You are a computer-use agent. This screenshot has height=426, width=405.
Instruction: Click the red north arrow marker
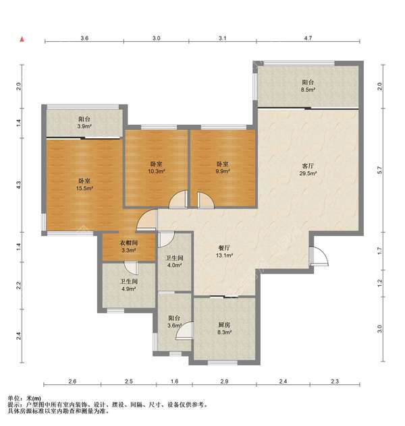coord(22,39)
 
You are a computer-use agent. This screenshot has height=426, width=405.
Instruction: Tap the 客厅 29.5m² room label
coord(308,170)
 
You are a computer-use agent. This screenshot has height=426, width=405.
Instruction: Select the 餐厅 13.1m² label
coord(224,251)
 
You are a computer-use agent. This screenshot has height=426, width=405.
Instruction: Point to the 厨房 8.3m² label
coord(224,328)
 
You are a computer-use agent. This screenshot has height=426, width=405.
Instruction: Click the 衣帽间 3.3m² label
coord(129,247)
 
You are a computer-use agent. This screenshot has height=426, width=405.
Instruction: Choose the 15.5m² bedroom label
coord(84,184)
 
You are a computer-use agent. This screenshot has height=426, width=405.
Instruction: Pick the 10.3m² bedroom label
coord(157,168)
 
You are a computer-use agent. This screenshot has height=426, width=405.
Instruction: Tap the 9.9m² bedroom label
coord(223,168)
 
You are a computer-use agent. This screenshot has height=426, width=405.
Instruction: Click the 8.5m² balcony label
coord(308,86)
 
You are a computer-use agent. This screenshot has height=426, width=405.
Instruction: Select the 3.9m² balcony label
coord(84,123)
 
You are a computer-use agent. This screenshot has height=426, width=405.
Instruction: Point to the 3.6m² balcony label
coord(174,322)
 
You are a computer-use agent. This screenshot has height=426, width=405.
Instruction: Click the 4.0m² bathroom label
coord(174,262)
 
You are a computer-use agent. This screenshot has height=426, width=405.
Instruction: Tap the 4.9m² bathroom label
coord(129,285)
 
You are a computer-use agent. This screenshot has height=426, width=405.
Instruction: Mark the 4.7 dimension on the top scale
coord(308,38)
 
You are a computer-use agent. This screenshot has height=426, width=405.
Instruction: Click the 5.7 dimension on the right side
coord(380,170)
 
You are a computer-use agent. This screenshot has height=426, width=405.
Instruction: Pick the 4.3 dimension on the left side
coord(18,185)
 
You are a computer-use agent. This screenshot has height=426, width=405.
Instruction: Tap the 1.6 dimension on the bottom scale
coord(174,381)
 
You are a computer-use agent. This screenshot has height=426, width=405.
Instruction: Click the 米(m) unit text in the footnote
coord(34,398)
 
